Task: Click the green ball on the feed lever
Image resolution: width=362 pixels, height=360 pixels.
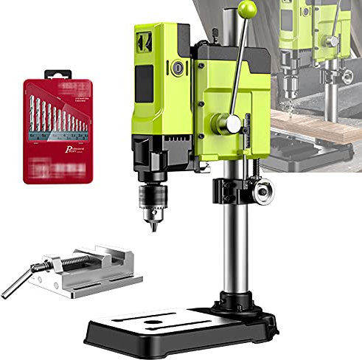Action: click(248, 10)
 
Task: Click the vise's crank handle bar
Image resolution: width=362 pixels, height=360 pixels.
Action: click(17, 283)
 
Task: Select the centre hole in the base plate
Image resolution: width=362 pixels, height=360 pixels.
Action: click(154, 323)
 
